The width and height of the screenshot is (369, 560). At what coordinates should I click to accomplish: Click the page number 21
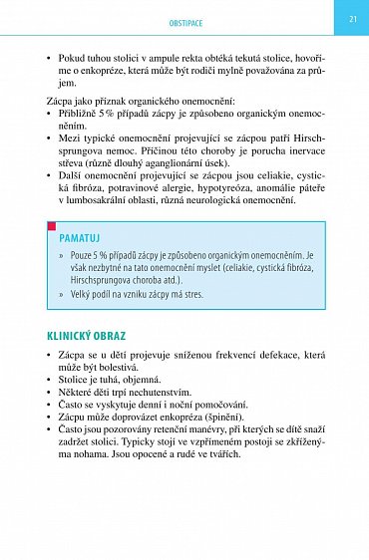point(352,17)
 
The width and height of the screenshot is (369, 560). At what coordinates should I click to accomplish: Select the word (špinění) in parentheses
point(228,420)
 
